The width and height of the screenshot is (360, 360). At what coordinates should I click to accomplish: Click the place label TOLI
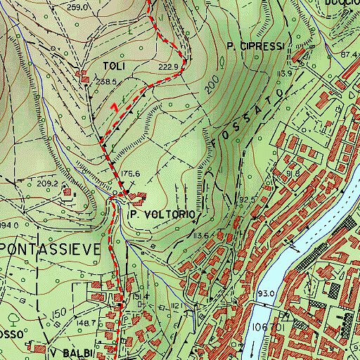(114, 66)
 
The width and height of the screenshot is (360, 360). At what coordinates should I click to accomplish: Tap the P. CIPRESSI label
(255, 46)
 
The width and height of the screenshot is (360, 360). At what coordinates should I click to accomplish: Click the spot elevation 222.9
(169, 67)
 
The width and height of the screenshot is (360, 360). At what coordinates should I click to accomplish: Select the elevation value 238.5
(105, 82)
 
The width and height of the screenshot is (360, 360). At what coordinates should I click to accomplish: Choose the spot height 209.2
(47, 184)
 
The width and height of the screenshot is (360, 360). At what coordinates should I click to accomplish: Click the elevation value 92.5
(247, 200)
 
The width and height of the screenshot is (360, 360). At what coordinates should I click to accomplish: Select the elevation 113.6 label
(203, 236)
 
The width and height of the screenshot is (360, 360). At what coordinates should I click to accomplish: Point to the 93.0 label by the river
(266, 292)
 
